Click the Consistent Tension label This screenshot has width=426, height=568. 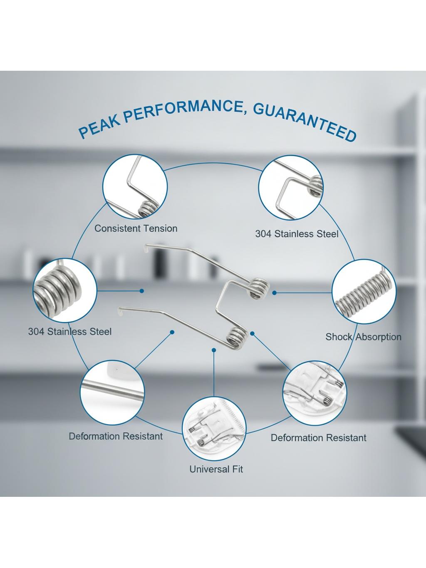[x=136, y=228]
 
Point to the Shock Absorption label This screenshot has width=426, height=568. [x=364, y=337]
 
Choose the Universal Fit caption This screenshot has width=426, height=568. [x=216, y=469]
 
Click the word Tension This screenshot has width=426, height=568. [x=161, y=228]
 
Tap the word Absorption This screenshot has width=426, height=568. [x=379, y=337]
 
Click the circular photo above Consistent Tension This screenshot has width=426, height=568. [x=135, y=186]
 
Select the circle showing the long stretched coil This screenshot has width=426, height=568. [x=364, y=291]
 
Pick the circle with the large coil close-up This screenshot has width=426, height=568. [x=64, y=290]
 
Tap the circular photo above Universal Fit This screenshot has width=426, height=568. [x=214, y=429]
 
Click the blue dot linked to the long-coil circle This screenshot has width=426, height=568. [x=275, y=293]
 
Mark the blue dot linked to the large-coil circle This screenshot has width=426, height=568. [x=142, y=291]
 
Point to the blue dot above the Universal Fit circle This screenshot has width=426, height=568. [x=214, y=350]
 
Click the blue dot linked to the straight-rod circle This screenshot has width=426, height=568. [x=172, y=332]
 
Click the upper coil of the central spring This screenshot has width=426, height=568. [x=259, y=288]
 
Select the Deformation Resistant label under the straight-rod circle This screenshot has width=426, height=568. [x=116, y=436]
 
